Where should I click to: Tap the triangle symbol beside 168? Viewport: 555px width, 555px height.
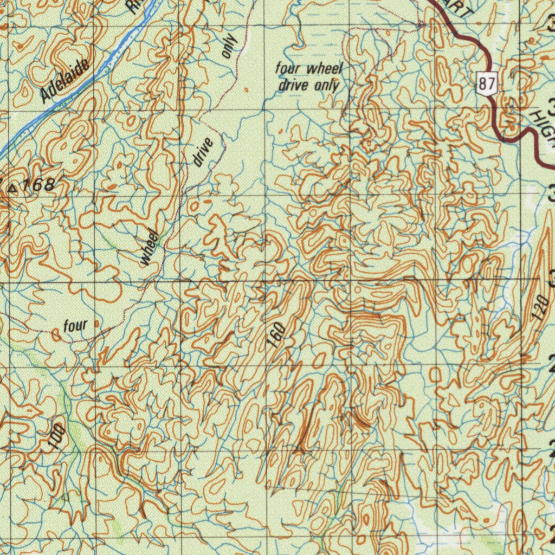(12, 188)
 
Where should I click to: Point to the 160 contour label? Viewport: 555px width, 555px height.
(276, 334)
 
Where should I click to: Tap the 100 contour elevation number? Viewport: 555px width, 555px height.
(56, 437)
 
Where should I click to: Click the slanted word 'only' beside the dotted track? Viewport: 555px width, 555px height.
(229, 47)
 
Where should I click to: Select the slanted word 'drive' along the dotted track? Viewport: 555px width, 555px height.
(202, 152)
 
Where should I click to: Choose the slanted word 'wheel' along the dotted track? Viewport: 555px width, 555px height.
(150, 248)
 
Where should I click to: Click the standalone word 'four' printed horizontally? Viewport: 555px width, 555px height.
(75, 326)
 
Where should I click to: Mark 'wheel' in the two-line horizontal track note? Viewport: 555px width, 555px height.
(325, 69)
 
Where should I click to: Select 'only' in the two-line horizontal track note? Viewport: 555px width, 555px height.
(327, 85)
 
